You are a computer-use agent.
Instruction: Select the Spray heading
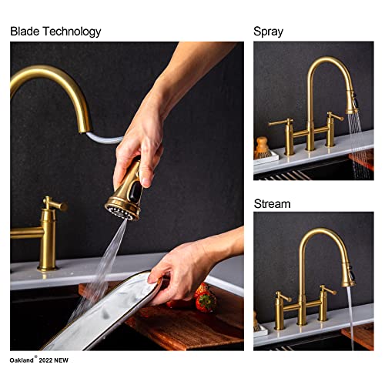point(268,32)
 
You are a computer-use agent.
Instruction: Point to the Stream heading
point(272,204)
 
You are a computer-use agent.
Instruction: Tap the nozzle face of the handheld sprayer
point(120,209)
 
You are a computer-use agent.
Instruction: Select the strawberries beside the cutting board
point(206,297)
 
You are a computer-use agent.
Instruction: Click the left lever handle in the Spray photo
point(279,122)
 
